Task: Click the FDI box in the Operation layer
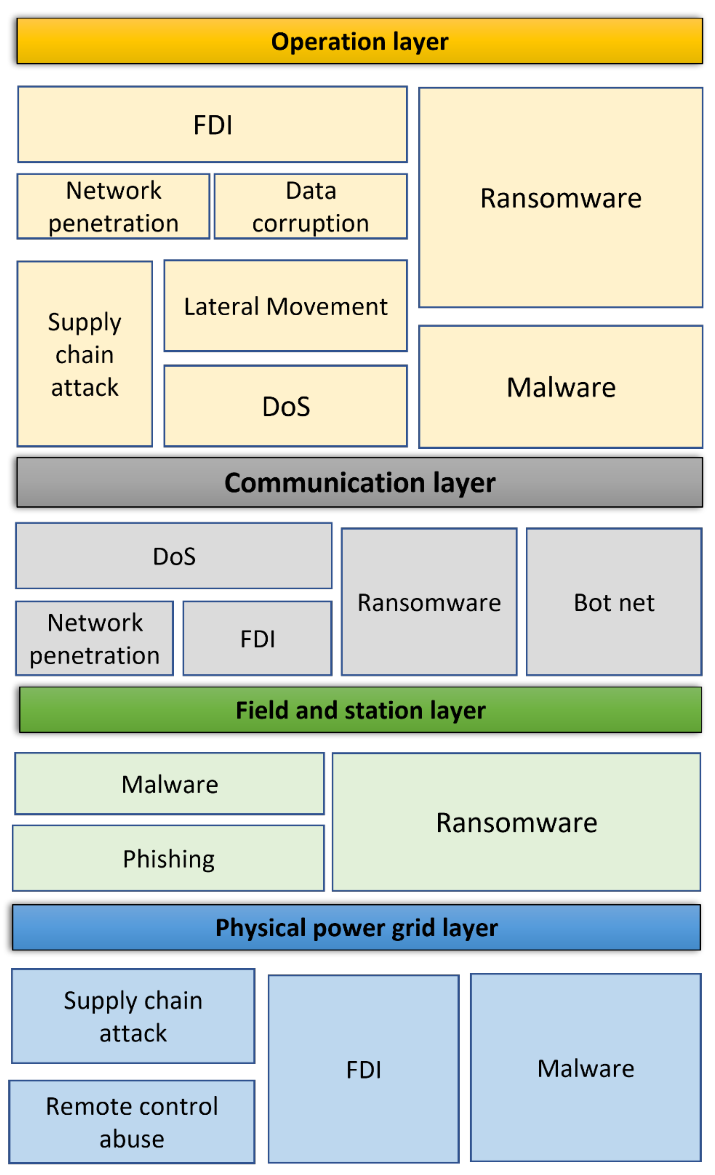212,125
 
